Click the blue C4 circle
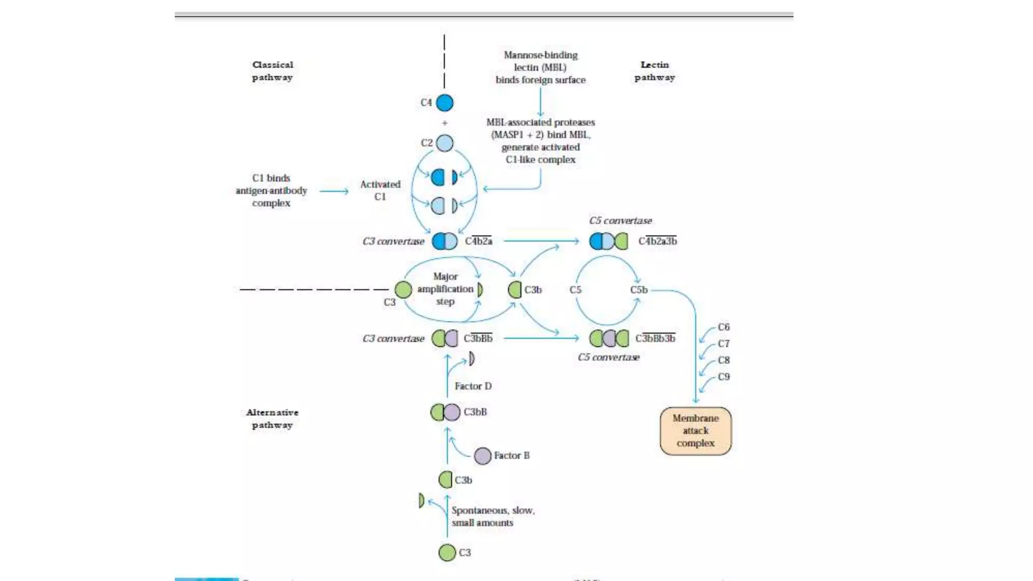444,103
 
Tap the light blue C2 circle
444,143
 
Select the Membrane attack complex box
696,431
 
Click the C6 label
724,327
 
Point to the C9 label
724,377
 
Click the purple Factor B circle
483,456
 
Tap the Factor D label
473,386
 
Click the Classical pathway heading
272,71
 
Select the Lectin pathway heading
655,71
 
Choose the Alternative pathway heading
272,419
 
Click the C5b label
639,290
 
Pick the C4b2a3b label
658,241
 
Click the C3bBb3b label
655,338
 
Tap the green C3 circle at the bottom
447,553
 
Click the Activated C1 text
380,191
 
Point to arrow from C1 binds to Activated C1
334,191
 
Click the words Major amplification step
445,289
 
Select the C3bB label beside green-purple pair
475,412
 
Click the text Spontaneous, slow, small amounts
492,516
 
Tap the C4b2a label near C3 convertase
478,241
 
